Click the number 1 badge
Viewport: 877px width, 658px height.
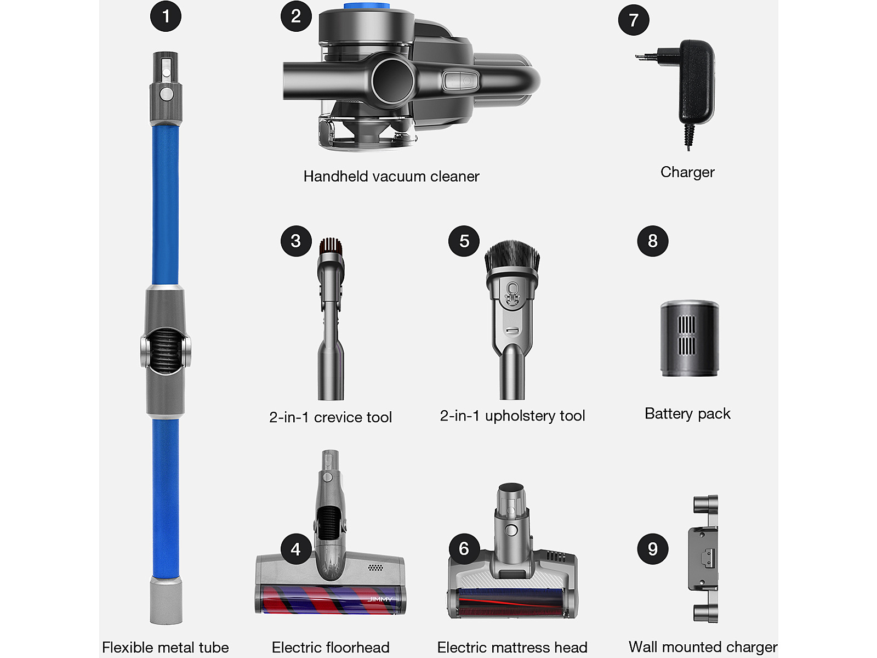coord(166,16)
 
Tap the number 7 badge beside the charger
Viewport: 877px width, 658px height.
coord(633,20)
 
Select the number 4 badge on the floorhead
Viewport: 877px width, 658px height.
coord(295,549)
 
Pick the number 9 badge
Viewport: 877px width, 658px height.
coord(652,549)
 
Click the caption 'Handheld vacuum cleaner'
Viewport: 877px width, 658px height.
coord(391,176)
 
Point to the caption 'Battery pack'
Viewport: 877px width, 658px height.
coord(687,414)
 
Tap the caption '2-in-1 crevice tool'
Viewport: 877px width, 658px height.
coord(331,417)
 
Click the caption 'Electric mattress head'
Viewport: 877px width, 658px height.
coord(512,647)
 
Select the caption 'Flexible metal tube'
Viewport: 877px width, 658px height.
coord(166,647)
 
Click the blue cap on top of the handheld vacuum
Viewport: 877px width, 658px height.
coord(366,5)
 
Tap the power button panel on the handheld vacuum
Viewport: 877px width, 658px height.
coord(460,81)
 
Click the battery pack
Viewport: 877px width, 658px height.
coord(689,338)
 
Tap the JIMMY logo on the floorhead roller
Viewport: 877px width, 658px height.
coord(380,599)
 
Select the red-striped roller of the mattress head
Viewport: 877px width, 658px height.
coord(511,603)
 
